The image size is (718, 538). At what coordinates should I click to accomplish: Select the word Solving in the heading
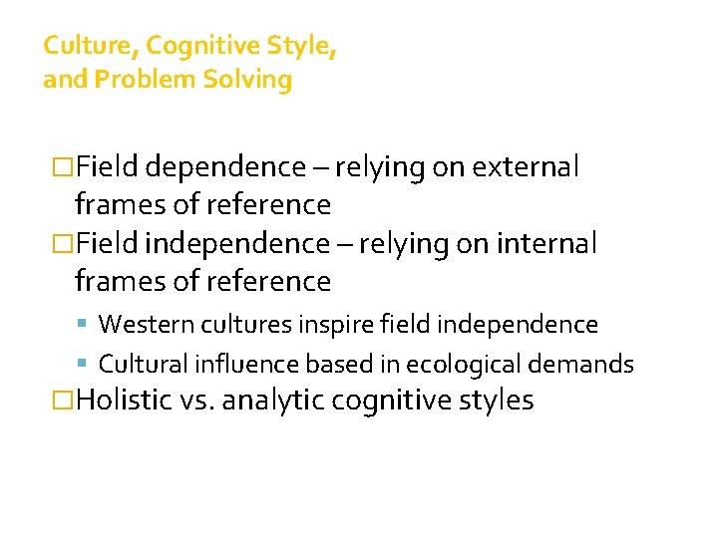(247, 80)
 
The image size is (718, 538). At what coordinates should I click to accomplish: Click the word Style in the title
(297, 46)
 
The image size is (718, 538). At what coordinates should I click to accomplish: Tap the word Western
(141, 325)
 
